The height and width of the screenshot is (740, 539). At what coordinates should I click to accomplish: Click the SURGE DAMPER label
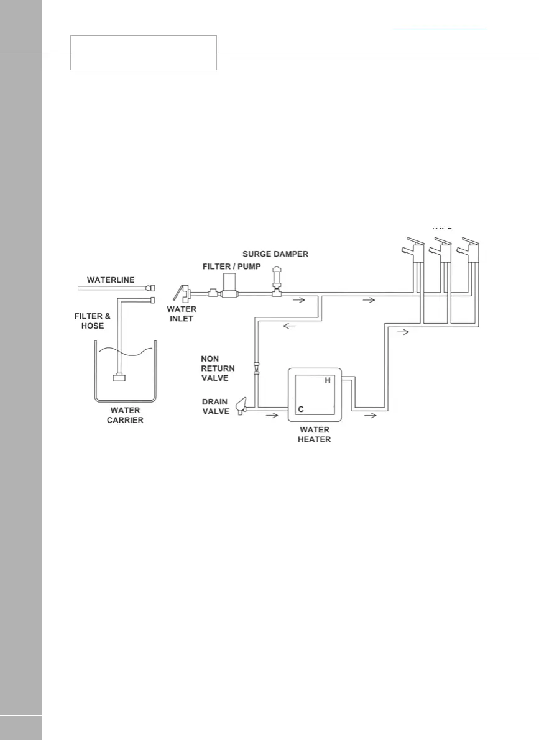click(x=275, y=254)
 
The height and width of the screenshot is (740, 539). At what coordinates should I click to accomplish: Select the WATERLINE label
click(x=111, y=280)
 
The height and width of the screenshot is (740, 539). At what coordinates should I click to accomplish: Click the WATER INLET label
click(x=182, y=314)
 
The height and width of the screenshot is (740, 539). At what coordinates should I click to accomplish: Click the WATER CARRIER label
click(x=125, y=415)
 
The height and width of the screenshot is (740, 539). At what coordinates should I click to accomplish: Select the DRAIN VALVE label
click(x=216, y=406)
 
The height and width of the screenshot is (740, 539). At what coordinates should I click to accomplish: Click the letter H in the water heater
click(x=328, y=380)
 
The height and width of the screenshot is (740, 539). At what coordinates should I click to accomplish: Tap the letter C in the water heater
click(x=300, y=409)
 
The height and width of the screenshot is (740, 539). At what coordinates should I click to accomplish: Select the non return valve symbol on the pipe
click(x=255, y=367)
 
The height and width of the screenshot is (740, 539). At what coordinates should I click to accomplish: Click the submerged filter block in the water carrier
click(x=119, y=377)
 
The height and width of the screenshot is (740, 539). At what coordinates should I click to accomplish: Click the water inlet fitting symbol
click(x=182, y=293)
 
